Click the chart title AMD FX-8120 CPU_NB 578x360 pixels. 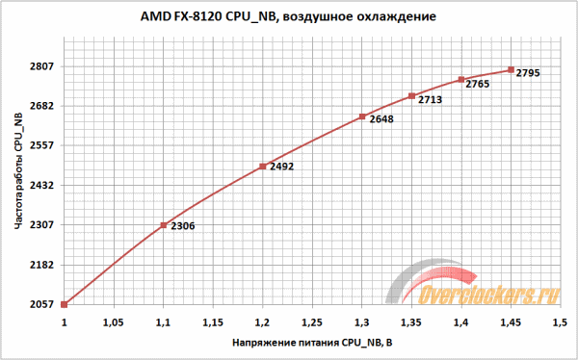pos(289,17)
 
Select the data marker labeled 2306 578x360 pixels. pos(163,225)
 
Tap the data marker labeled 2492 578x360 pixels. pos(262,167)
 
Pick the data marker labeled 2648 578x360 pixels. pos(361,117)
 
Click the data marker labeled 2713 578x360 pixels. pos(411,96)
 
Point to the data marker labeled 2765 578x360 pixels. pos(461,80)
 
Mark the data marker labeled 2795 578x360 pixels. pos(511,70)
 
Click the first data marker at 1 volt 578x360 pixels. pos(64,304)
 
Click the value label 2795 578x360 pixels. pos(529,74)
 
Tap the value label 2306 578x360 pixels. pos(182,226)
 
